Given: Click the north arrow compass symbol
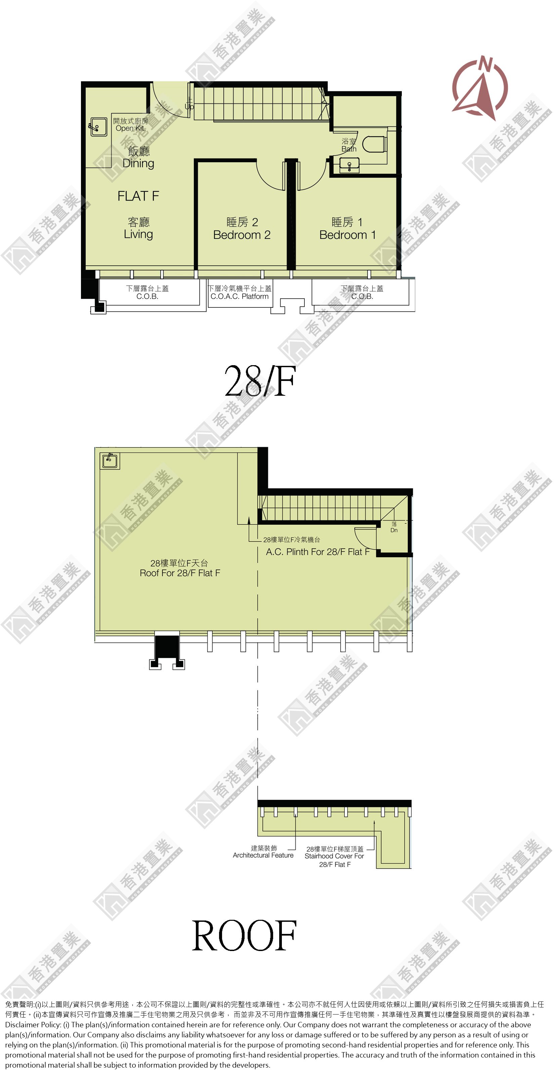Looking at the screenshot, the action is (x=480, y=88).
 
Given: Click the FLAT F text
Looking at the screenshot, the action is (x=138, y=196).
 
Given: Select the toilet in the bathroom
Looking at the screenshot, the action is (x=374, y=144).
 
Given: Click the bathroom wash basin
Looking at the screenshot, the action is (x=349, y=165).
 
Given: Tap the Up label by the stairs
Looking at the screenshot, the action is (x=189, y=106).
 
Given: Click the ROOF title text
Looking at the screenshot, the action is (x=245, y=936).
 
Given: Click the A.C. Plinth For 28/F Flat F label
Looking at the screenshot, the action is (x=317, y=552).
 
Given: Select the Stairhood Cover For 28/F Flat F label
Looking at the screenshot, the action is (x=334, y=857).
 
